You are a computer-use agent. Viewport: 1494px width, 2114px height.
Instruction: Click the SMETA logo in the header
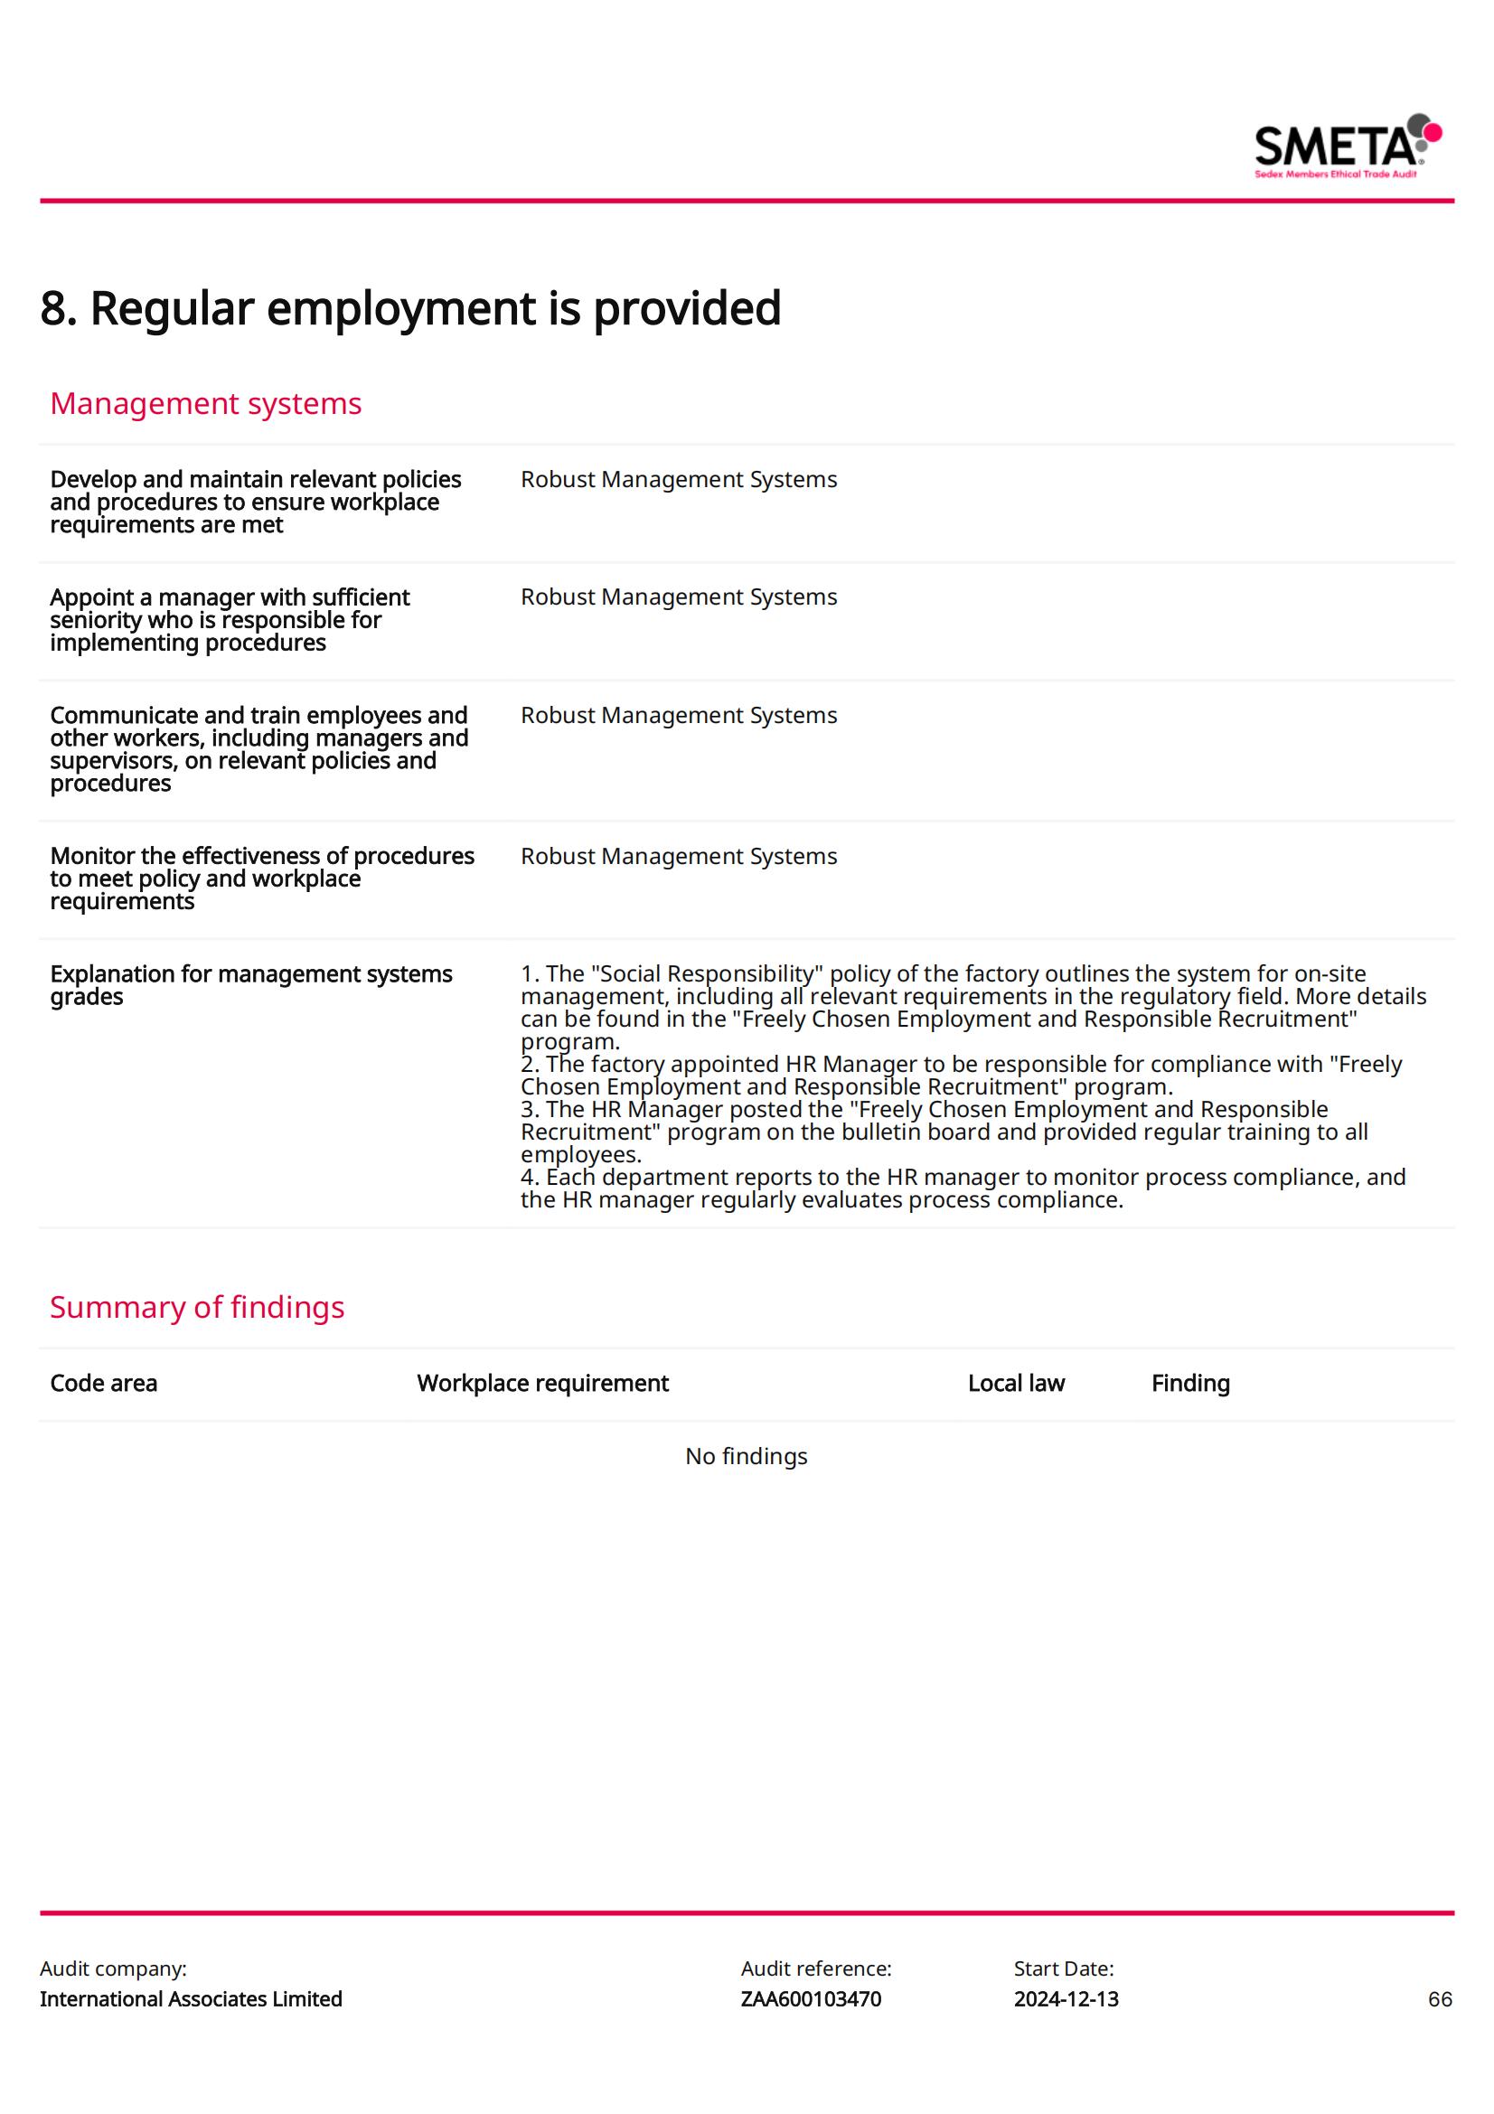coord(1347,146)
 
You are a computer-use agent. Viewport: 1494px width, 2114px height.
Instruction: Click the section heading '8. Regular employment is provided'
coord(410,307)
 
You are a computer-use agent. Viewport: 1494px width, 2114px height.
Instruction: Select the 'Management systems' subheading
coord(205,403)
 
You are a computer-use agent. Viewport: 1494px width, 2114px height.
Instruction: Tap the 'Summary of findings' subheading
coord(197,1307)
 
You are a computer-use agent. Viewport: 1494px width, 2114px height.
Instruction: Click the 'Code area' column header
coord(103,1383)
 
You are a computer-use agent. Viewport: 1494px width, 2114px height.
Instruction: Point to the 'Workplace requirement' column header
coord(542,1383)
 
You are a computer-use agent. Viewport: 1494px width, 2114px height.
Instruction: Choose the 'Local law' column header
coord(1015,1383)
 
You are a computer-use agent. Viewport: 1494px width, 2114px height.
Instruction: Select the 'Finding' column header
coord(1189,1383)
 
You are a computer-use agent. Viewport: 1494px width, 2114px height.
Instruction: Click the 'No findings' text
coord(746,1456)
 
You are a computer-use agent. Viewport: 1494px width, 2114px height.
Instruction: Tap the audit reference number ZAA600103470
coord(810,1999)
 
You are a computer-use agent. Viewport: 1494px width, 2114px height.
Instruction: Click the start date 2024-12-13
coord(1066,1999)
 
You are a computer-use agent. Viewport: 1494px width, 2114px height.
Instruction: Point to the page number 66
coord(1440,1999)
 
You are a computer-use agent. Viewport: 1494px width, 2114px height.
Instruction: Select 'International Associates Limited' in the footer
coord(191,1999)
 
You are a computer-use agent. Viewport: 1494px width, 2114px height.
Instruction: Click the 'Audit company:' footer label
coord(113,1968)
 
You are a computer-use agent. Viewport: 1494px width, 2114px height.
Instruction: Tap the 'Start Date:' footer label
coord(1063,1968)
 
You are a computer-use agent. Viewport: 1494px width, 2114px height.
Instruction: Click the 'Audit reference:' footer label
coord(815,1968)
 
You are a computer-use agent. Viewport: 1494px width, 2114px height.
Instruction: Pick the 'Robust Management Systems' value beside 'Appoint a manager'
coord(679,597)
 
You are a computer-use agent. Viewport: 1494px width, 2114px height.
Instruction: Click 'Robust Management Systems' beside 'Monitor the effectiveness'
coord(679,856)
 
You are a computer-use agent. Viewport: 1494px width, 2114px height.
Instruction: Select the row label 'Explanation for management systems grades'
coord(250,985)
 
